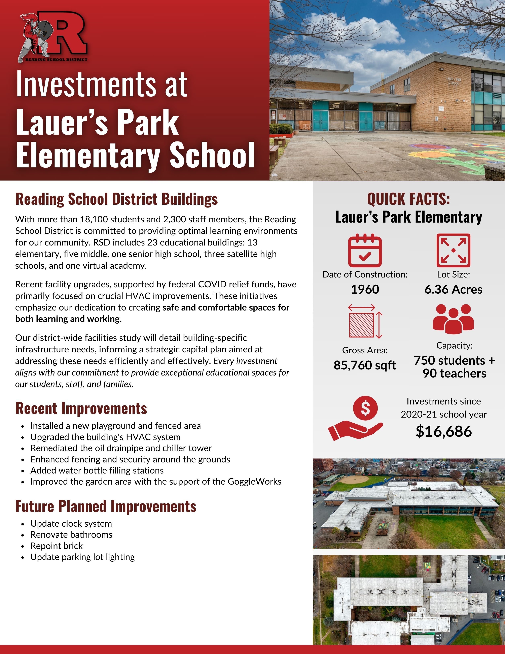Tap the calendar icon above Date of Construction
(x=365, y=251)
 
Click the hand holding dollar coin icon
(x=356, y=419)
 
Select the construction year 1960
(x=365, y=289)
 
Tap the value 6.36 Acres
(x=453, y=289)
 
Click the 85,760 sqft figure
(x=365, y=365)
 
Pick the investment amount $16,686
(x=444, y=431)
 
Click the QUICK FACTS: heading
(x=408, y=199)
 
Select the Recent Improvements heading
(x=81, y=408)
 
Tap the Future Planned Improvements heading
(x=106, y=506)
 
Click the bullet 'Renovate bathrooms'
(x=71, y=534)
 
